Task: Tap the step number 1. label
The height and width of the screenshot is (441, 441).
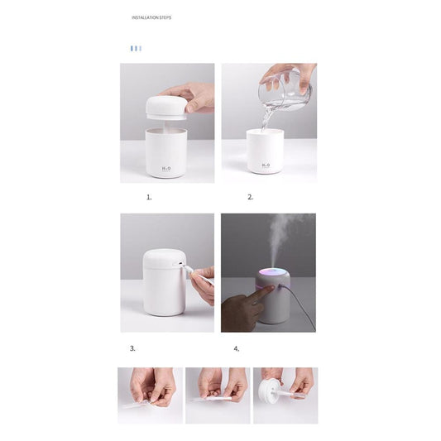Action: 149,198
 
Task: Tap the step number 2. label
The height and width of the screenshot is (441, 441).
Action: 250,198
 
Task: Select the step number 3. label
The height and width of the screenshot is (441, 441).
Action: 132,348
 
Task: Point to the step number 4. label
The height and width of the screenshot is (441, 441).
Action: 236,348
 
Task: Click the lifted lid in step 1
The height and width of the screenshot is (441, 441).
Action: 167,106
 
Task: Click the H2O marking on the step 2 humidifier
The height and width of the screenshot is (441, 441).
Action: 266,165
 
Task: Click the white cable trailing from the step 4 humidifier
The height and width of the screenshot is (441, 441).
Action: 302,310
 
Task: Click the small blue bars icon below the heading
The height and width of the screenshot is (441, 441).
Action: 136,48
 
